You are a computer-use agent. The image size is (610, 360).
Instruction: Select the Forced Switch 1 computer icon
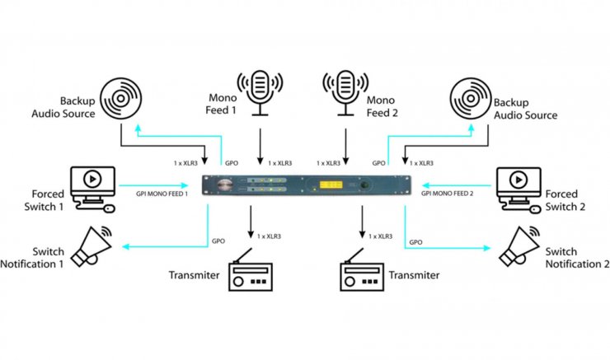tap(93, 187)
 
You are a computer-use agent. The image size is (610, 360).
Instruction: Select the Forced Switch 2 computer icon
tap(518, 186)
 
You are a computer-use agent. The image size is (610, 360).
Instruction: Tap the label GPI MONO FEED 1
tap(162, 193)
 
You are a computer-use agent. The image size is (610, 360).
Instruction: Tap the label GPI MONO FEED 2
tap(448, 193)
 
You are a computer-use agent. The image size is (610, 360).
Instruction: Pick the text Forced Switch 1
tap(35, 199)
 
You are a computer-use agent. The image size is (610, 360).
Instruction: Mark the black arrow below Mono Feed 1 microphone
tap(260, 147)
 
